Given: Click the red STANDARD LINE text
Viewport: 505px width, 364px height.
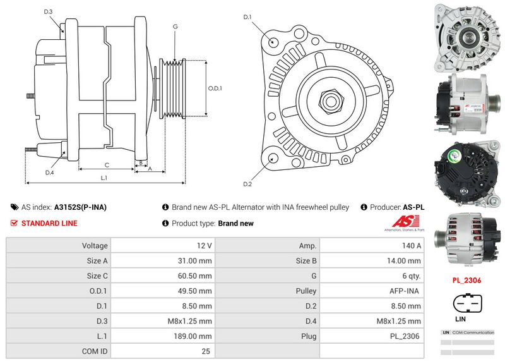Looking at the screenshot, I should (49, 223).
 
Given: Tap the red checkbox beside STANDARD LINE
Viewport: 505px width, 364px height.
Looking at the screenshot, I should (15, 223).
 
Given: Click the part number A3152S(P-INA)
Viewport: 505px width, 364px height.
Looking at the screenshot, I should (80, 207).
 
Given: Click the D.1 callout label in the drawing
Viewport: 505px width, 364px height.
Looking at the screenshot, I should (247, 16).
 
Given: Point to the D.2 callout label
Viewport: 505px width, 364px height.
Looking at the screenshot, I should (247, 184).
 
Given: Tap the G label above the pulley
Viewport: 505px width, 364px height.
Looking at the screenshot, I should (174, 27).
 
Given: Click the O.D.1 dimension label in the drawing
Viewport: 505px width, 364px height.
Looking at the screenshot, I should (215, 88).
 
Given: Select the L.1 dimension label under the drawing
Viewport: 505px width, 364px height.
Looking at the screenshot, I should (104, 178).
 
